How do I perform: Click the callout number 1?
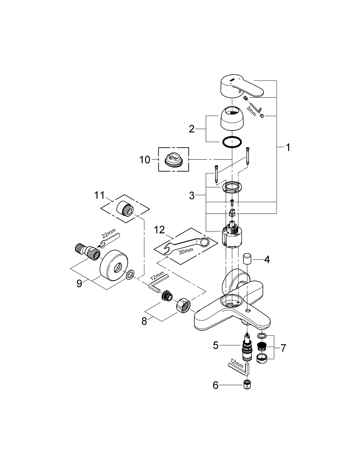pyautogui.click(x=288, y=148)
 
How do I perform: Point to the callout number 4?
pyautogui.click(x=266, y=259)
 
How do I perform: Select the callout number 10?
pyautogui.click(x=145, y=160)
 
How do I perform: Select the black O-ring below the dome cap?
pyautogui.click(x=230, y=142)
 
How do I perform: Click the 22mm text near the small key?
pyautogui.click(x=106, y=235)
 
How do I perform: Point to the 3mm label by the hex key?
pyautogui.click(x=250, y=110)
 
